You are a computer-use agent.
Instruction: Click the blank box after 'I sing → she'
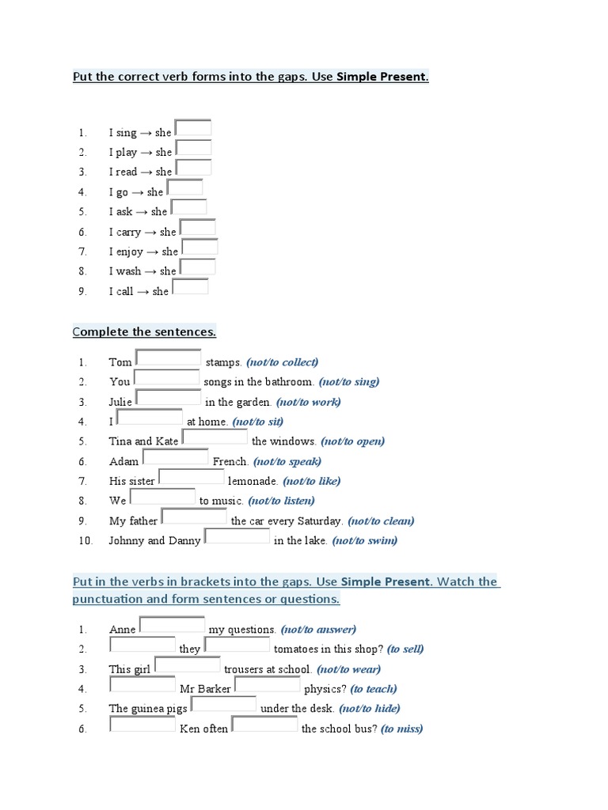(193, 127)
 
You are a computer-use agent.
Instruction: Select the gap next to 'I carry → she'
(198, 227)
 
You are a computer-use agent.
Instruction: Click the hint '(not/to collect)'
(282, 362)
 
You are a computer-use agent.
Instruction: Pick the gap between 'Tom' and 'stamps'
(168, 358)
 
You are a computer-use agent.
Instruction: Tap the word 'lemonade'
(253, 481)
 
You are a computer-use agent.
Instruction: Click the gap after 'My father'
(194, 517)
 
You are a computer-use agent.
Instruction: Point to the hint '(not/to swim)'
(364, 541)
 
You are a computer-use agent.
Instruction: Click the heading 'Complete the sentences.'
(144, 331)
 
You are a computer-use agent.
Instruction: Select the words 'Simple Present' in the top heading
(382, 78)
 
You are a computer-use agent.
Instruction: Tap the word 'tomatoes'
(297, 649)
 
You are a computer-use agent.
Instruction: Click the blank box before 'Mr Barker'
(142, 684)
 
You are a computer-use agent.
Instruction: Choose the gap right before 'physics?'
(268, 684)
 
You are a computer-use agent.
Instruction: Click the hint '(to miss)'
(401, 729)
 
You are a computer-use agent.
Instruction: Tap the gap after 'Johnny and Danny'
(237, 536)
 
